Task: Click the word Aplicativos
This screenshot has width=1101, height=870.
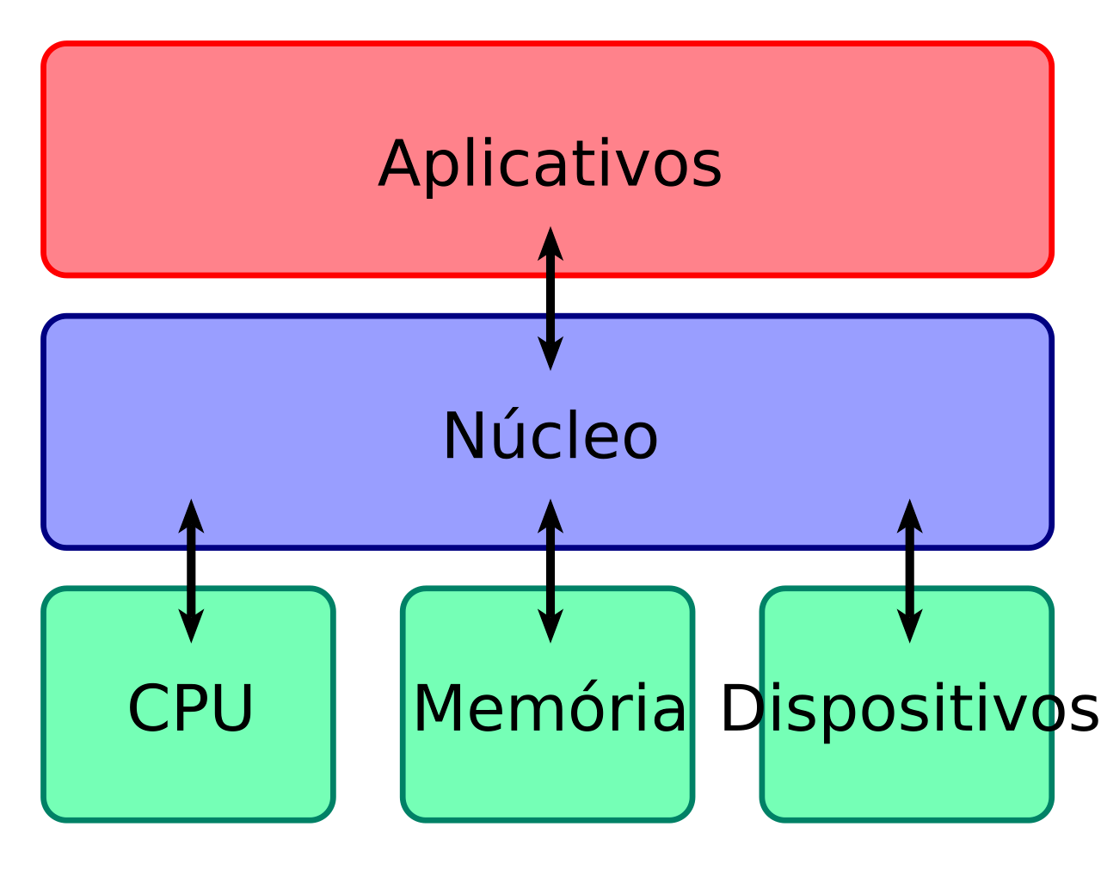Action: [550, 164]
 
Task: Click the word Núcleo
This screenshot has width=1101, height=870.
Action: [550, 436]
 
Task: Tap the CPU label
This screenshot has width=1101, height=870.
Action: [190, 709]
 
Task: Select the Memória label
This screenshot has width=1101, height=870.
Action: [550, 709]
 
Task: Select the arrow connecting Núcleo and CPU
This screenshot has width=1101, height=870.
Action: [191, 571]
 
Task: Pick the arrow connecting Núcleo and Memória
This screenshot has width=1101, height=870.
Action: [550, 571]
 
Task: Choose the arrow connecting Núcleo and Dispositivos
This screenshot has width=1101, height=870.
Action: [909, 571]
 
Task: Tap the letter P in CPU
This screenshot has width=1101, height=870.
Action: [192, 709]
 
